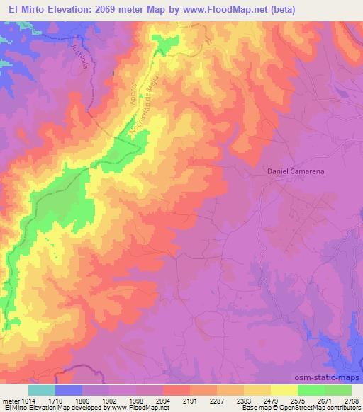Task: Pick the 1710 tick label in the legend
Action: [x=56, y=401]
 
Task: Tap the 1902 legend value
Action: [x=111, y=401]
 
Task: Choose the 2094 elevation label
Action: [x=164, y=401]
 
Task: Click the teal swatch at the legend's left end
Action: [x=42, y=390]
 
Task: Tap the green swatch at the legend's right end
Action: [x=338, y=390]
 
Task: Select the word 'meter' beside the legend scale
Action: [x=10, y=401]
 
